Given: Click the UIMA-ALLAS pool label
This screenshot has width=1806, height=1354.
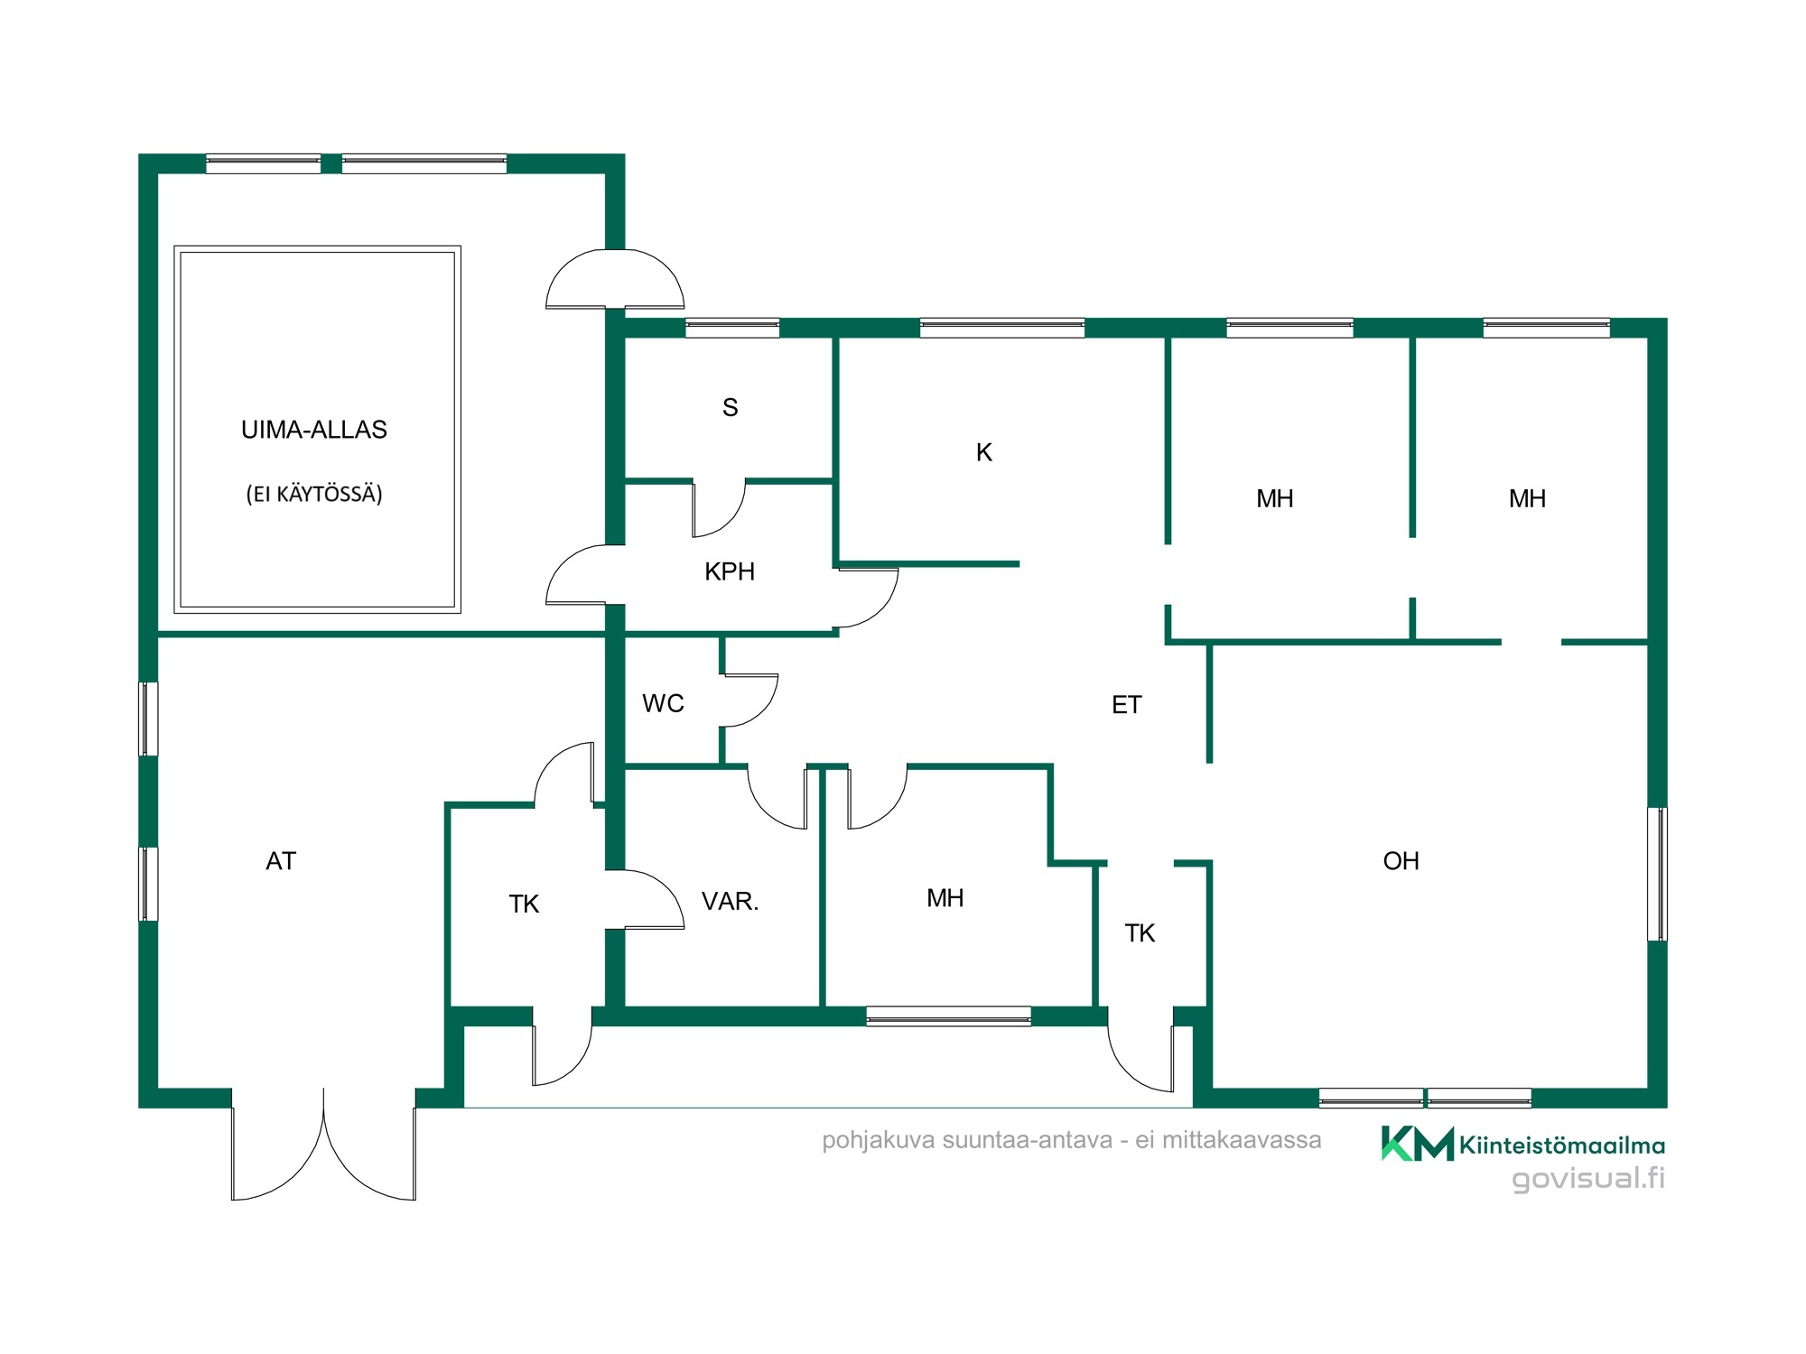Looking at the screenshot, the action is point(314,430).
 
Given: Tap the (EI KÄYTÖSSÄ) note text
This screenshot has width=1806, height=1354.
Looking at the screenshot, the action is point(314,494).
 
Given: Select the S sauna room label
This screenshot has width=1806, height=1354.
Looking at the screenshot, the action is point(731,408).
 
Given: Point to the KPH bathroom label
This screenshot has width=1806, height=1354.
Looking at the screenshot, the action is point(730,571).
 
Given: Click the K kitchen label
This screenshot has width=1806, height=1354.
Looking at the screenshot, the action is point(984,452).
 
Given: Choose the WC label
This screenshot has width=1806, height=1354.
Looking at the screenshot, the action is point(663,703).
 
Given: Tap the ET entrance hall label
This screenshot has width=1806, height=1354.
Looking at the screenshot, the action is point(1127,705).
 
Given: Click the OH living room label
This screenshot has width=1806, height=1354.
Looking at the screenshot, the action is point(1401,861).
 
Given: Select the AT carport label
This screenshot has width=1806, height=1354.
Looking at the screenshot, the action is point(281,861).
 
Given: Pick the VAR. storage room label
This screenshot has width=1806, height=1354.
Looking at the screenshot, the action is point(731,901).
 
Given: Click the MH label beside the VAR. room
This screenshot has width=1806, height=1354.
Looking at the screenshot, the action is point(945,898).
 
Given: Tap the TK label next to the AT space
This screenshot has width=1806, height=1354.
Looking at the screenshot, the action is point(524,904).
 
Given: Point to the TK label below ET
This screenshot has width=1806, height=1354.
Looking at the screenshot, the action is point(1140,933).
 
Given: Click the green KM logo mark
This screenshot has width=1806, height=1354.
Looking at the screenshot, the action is point(1417,1143).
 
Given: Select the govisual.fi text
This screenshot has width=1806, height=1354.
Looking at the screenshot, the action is point(1588,1179).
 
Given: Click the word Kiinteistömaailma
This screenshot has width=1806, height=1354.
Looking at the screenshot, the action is point(1562,1145).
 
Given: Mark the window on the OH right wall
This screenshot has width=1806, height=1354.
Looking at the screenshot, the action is point(1657,874).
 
